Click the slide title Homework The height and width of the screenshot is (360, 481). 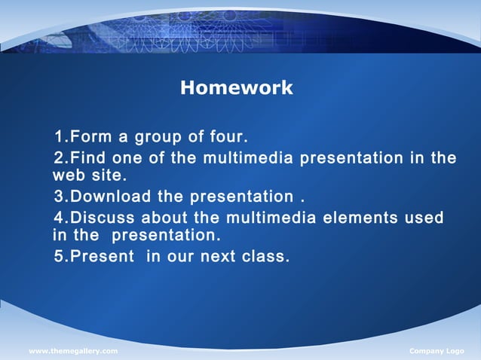(x=236, y=88)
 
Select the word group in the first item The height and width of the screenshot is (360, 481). (x=161, y=138)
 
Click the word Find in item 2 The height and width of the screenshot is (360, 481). (x=89, y=158)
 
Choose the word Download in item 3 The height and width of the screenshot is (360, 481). (x=111, y=198)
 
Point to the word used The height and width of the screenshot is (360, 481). (x=423, y=218)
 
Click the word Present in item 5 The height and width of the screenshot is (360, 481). (x=102, y=257)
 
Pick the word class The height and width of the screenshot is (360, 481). (x=266, y=257)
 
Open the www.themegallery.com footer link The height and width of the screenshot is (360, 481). (x=73, y=352)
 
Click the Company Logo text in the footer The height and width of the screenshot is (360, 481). (x=437, y=352)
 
